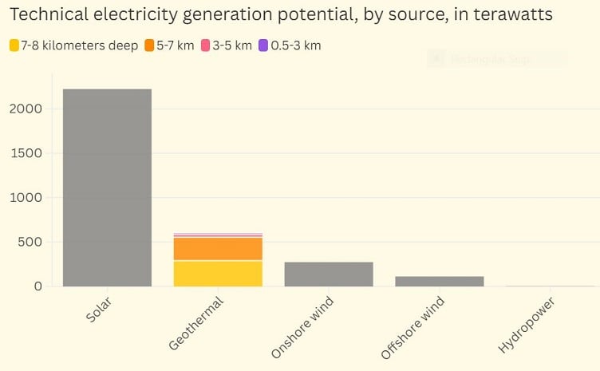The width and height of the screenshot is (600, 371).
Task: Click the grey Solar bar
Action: click(x=107, y=187)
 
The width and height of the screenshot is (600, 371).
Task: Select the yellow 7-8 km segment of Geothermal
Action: click(x=218, y=273)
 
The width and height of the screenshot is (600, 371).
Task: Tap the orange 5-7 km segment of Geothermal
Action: click(x=218, y=248)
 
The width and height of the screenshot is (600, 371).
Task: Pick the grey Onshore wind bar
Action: click(x=329, y=274)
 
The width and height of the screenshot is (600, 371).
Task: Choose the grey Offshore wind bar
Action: click(x=440, y=281)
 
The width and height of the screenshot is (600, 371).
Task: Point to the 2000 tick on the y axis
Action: click(x=26, y=109)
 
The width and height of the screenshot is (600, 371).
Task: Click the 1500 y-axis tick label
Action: click(x=26, y=153)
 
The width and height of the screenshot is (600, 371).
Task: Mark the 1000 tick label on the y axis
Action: click(x=26, y=197)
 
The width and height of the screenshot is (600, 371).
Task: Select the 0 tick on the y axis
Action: click(x=37, y=286)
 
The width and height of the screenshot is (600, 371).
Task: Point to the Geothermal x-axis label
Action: click(x=196, y=322)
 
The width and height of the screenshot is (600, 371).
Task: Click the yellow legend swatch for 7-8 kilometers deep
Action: click(x=14, y=45)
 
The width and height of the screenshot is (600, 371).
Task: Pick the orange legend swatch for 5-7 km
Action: click(x=149, y=45)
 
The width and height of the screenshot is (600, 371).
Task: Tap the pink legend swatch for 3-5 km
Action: click(x=207, y=45)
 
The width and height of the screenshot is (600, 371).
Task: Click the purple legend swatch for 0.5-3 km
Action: click(x=264, y=45)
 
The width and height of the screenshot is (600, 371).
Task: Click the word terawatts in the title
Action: click(x=510, y=15)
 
